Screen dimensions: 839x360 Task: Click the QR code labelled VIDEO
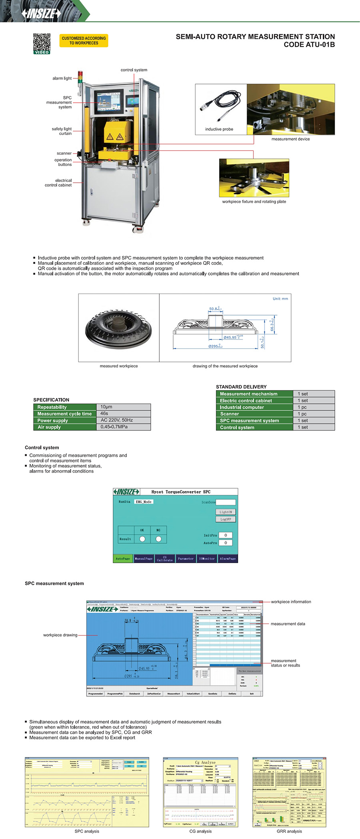point(42,44)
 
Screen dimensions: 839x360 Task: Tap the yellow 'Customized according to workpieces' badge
point(84,40)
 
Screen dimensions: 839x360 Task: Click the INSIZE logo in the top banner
point(41,14)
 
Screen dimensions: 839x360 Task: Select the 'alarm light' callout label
point(62,78)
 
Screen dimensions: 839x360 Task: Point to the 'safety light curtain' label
point(62,131)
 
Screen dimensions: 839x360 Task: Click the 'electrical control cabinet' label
point(58,183)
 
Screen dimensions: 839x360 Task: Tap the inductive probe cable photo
point(220,106)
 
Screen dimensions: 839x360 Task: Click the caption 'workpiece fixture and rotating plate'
point(254,202)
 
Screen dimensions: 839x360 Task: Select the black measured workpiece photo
point(118,328)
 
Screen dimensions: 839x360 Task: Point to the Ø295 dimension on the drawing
point(215,346)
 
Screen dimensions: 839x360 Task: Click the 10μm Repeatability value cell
point(123,407)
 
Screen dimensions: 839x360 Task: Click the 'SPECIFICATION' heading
point(51,400)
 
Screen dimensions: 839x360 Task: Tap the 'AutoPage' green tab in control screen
point(123,559)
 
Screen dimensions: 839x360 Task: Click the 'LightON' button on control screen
point(226,512)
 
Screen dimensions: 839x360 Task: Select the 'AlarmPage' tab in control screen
point(228,559)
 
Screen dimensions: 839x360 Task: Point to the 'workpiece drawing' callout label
point(60,635)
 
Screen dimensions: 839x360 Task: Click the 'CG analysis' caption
point(200,831)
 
